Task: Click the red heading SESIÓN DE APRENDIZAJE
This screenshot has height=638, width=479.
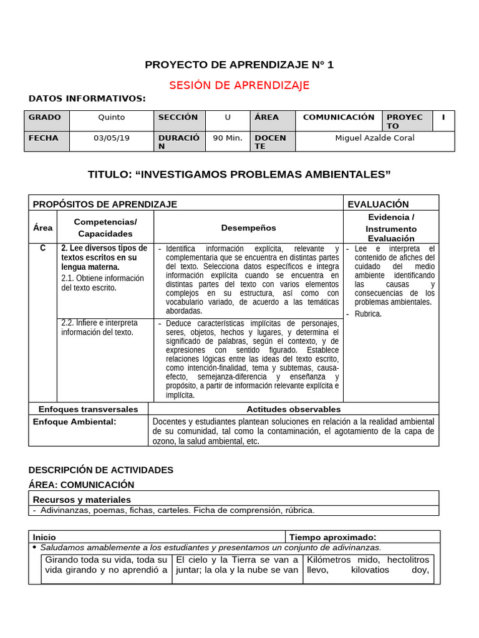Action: coord(239,85)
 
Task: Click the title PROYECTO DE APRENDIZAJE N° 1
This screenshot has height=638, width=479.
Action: coord(239,65)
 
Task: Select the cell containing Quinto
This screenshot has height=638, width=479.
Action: coord(111,117)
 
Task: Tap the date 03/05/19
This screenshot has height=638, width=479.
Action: coord(111,138)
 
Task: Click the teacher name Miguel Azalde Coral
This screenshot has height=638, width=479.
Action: coord(374,138)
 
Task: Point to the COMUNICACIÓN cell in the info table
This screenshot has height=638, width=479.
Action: coord(338,117)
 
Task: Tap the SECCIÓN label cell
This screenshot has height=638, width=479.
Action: coord(178,117)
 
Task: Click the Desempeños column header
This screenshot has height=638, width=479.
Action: coord(248,228)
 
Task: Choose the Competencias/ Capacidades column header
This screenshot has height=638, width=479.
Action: coord(105,228)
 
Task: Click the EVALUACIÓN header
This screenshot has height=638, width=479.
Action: coord(378,204)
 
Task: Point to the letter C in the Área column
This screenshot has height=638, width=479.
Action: coord(42,248)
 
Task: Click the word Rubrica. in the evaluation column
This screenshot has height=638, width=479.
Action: coord(367,314)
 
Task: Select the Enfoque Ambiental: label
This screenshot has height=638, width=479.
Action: coord(74,422)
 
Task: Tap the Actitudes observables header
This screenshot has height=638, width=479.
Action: coord(293,409)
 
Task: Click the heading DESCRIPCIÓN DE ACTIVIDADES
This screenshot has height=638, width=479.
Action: coord(101,470)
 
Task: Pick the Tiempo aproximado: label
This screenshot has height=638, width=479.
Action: coord(332,537)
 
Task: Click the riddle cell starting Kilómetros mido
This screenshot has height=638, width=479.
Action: coord(368,565)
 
